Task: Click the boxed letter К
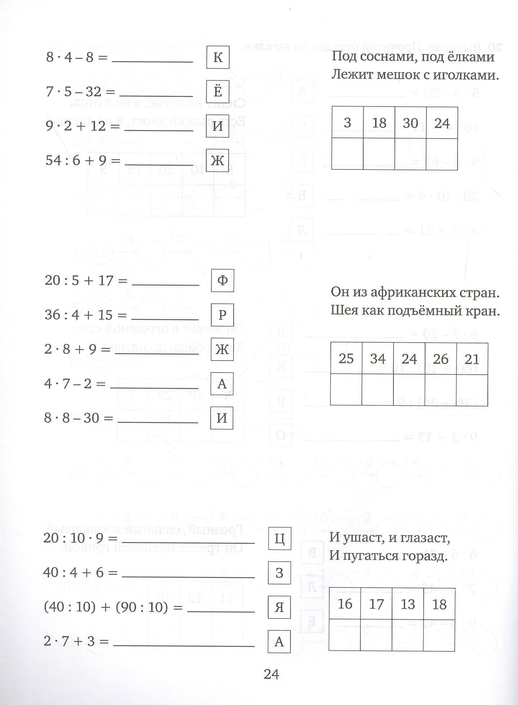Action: click(218, 58)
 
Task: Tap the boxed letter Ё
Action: click(218, 92)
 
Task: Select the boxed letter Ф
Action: click(222, 280)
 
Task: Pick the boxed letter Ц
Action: click(279, 538)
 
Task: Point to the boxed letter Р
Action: click(222, 315)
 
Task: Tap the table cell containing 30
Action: click(410, 123)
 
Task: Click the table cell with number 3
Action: click(347, 123)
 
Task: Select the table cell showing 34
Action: click(378, 358)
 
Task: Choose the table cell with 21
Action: click(472, 358)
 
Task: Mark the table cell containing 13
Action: click(407, 604)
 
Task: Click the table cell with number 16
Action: click(345, 604)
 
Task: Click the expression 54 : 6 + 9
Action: click(78, 161)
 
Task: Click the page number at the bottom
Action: click(271, 674)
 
